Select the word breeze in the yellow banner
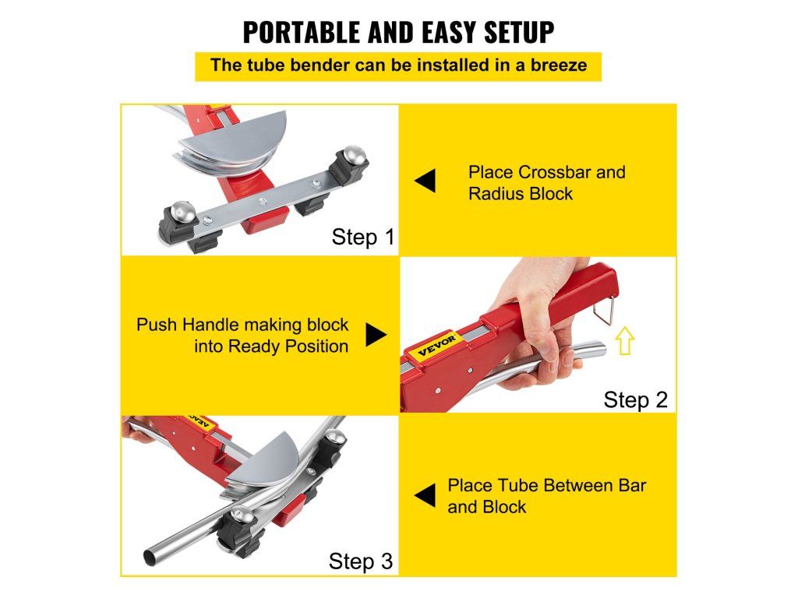(559, 65)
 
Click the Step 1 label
(363, 237)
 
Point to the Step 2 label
(635, 399)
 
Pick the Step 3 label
(361, 561)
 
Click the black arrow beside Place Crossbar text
(425, 181)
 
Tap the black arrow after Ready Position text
(376, 335)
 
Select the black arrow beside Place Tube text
(425, 496)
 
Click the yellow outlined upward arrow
(625, 340)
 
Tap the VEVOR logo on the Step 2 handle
(437, 346)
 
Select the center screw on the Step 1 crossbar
(262, 202)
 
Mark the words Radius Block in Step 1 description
(520, 194)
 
